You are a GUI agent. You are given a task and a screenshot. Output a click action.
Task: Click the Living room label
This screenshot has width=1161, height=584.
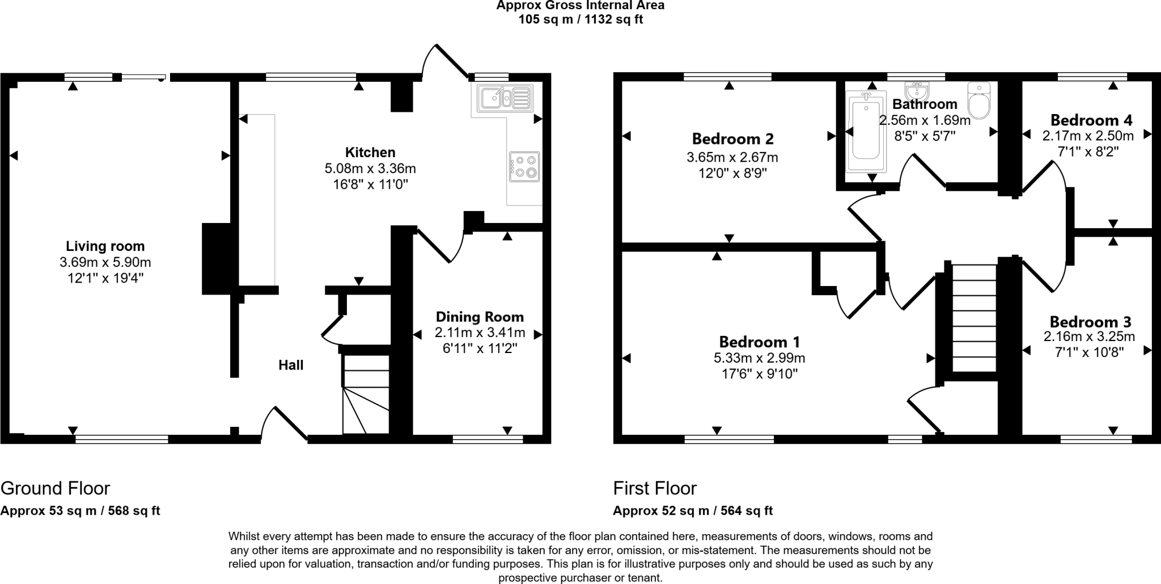[x=105, y=246]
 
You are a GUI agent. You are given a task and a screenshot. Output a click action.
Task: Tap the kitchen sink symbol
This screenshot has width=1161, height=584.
[x=505, y=98]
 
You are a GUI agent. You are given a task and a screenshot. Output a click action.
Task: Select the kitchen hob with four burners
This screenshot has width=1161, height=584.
[x=524, y=166]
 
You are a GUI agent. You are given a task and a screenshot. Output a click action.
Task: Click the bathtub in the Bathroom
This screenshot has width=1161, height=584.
[x=866, y=132]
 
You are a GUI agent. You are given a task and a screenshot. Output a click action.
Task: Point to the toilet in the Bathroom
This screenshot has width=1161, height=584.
[x=978, y=101]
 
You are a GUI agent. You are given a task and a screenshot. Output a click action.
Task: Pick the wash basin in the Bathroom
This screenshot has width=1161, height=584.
[x=916, y=90]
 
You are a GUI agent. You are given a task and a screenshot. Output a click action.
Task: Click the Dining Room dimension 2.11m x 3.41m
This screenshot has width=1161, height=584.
[x=480, y=333]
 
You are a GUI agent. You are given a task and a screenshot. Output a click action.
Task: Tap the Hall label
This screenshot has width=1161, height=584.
[x=291, y=365]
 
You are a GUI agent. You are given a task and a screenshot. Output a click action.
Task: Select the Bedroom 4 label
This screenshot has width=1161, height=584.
[x=1091, y=120]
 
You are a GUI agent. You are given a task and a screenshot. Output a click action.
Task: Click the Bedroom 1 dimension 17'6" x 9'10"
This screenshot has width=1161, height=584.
[x=759, y=373]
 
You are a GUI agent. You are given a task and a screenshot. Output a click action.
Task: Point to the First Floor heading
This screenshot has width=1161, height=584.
[x=655, y=488]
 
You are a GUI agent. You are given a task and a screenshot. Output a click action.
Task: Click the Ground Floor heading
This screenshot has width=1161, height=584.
[x=55, y=488]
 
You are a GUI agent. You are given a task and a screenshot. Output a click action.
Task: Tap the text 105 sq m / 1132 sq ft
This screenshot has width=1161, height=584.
[x=580, y=20]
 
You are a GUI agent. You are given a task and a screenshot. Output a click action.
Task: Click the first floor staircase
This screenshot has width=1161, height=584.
[x=974, y=318]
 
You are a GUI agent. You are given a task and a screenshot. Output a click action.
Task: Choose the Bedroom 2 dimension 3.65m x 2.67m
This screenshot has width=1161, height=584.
[x=732, y=157]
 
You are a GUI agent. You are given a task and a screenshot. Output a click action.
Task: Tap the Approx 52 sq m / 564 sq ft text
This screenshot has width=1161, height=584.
[x=693, y=510]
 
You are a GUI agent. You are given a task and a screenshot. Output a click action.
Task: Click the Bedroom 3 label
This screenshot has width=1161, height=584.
[x=1090, y=322]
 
